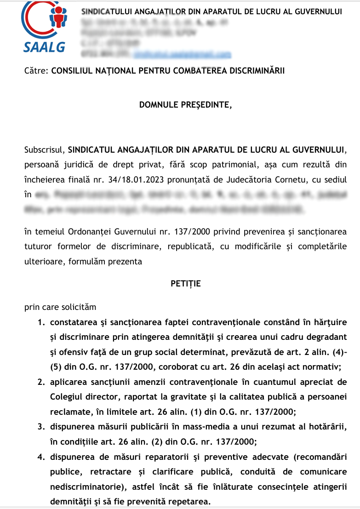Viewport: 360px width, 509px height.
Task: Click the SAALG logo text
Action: pos(44,46)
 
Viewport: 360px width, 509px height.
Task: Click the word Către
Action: pos(36,71)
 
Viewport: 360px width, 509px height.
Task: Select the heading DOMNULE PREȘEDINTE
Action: pos(186,105)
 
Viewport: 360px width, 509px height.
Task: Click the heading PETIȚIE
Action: pos(186,283)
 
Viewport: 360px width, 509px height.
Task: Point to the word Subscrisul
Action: pos(45,149)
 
